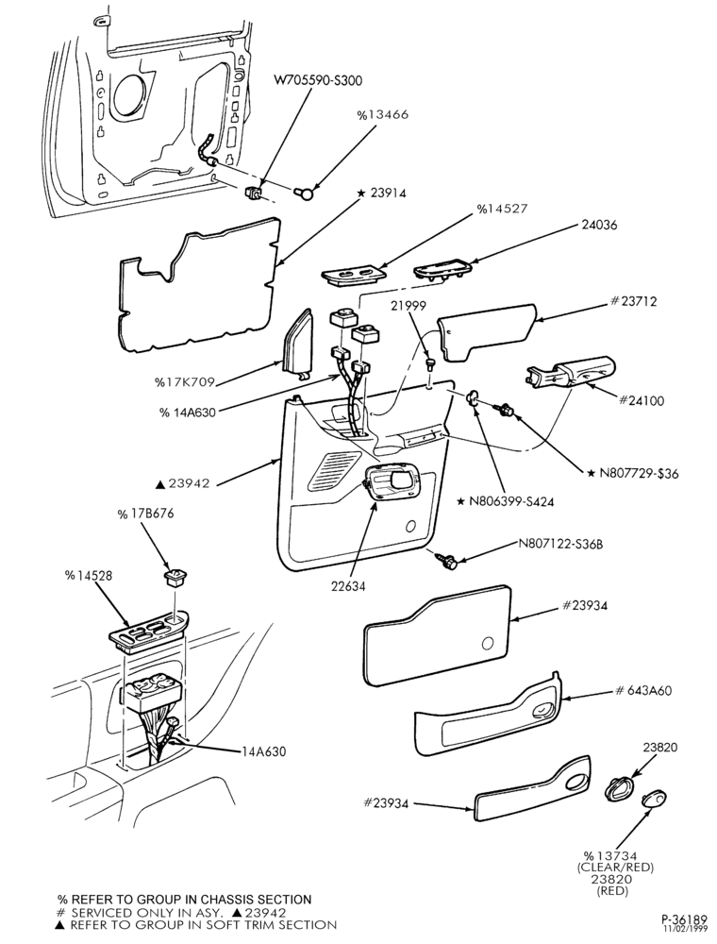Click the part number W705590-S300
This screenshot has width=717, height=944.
point(318,80)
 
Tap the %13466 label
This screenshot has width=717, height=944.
point(382,114)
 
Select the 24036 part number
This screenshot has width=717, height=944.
point(599,225)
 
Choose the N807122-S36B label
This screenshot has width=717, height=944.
point(560,545)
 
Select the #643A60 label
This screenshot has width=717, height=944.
point(643,690)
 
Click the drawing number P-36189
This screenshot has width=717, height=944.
point(684,919)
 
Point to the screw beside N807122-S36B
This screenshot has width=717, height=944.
point(449,560)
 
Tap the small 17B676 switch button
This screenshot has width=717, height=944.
point(175,579)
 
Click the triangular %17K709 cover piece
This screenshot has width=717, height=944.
point(299,344)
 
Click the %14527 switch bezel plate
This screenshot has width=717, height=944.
point(352,274)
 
